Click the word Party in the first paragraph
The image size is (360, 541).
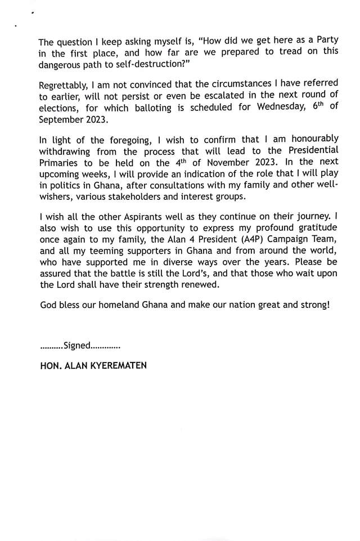tap(325, 43)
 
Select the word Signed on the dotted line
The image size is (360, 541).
tap(77, 346)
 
